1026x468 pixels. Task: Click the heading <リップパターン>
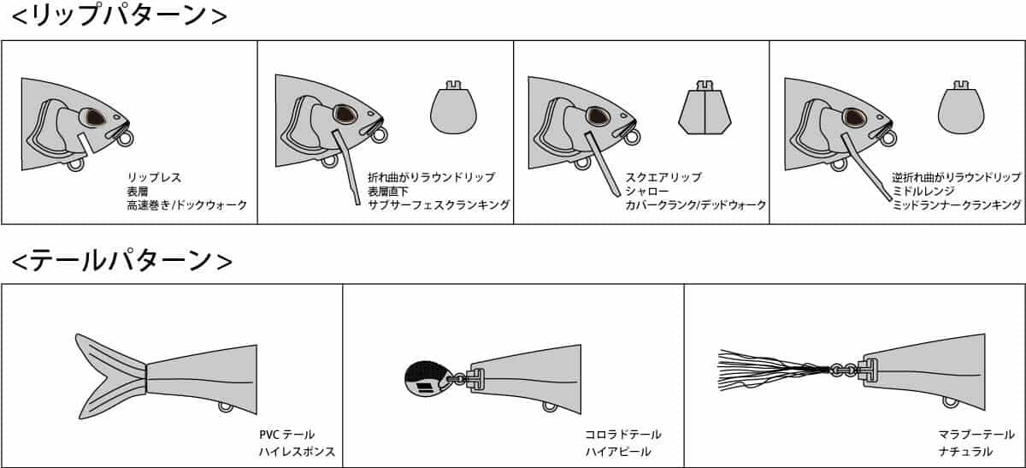119,15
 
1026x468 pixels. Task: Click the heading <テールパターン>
121,261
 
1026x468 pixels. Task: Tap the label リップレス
154,177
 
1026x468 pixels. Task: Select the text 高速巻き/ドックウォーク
187,204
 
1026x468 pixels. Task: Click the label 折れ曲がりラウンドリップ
431,177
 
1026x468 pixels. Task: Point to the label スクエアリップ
663,177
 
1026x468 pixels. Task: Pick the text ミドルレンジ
923,191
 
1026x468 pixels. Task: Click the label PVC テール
286,435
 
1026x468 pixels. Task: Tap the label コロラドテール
623,435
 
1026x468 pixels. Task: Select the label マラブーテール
976,435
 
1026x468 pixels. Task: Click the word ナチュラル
965,452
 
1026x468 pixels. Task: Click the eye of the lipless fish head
95,118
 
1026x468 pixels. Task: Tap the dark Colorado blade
427,379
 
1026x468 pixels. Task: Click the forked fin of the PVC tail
111,376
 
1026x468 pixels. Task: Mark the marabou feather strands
774,370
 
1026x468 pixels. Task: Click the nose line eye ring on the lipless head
125,139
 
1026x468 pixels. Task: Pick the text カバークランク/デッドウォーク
695,204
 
